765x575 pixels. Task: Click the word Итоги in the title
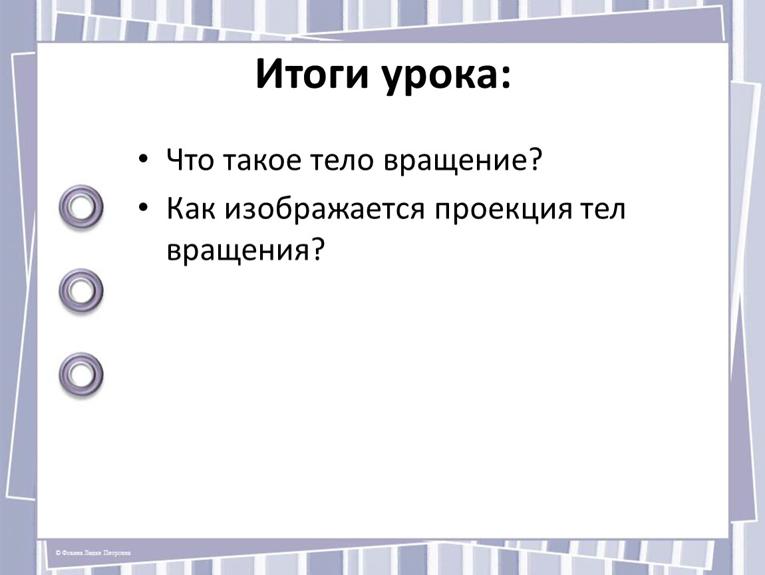click(311, 74)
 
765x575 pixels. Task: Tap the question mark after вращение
click(535, 159)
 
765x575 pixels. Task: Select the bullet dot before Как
click(142, 208)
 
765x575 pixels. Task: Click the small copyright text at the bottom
click(92, 552)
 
